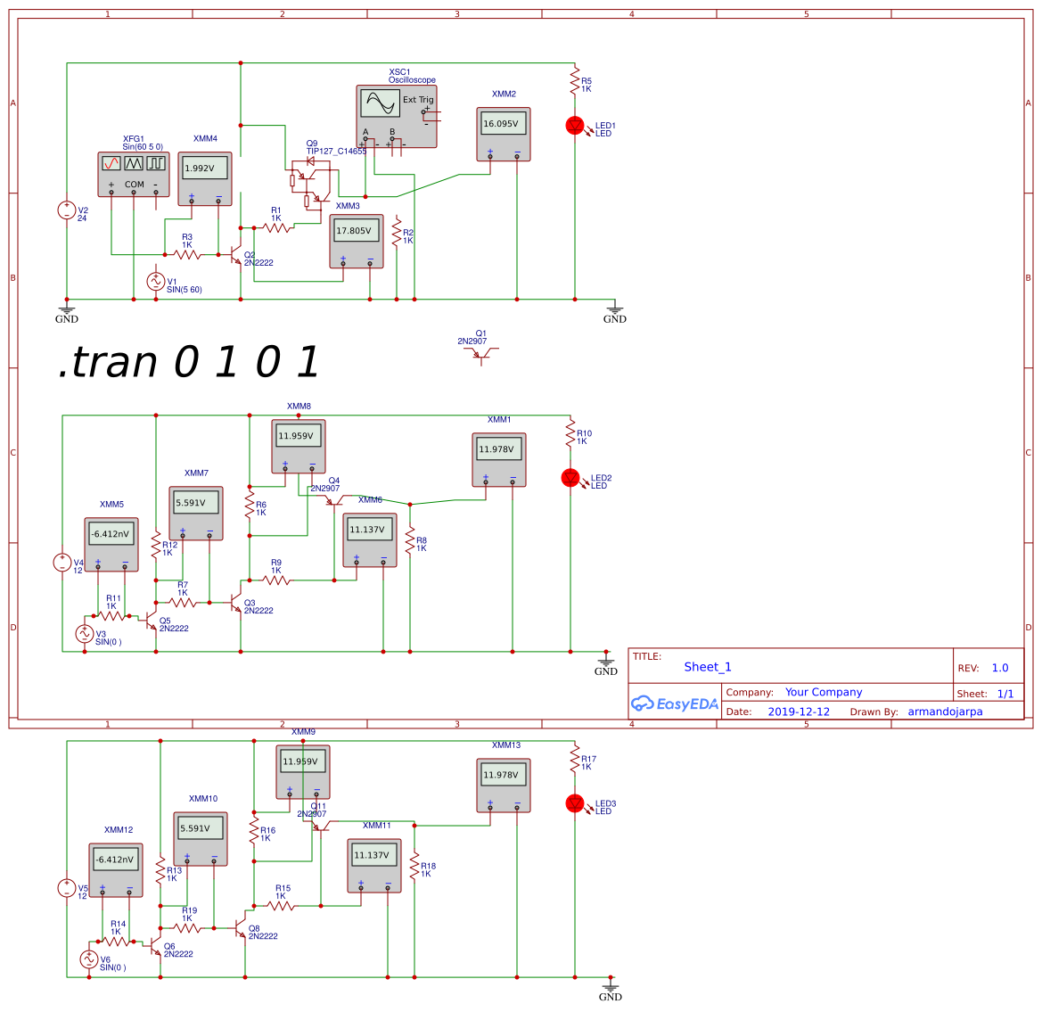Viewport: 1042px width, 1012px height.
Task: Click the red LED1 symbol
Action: pyautogui.click(x=575, y=126)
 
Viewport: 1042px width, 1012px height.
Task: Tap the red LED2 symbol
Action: pyautogui.click(x=570, y=478)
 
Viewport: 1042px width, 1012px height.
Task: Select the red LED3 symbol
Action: pyautogui.click(x=575, y=803)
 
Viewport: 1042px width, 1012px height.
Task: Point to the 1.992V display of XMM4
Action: pyautogui.click(x=204, y=168)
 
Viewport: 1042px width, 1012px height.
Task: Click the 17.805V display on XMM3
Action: pyautogui.click(x=356, y=231)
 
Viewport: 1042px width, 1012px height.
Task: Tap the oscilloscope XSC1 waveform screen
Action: pyautogui.click(x=380, y=103)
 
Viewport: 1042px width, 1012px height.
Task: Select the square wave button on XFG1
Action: pyautogui.click(x=156, y=163)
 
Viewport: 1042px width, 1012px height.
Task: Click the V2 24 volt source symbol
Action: pyautogui.click(x=67, y=210)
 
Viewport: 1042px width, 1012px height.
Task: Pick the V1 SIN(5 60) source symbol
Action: pyautogui.click(x=156, y=282)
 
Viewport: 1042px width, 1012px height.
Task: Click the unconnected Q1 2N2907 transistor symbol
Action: pyautogui.click(x=481, y=354)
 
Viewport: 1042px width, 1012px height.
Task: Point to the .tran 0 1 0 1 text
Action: pyautogui.click(x=188, y=362)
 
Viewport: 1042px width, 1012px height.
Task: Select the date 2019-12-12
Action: pyautogui.click(x=799, y=712)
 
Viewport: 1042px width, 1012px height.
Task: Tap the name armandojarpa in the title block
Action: pyautogui.click(x=945, y=712)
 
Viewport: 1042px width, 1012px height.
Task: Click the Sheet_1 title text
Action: pyautogui.click(x=708, y=667)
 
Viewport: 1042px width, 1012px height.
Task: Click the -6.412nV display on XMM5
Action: pyautogui.click(x=111, y=534)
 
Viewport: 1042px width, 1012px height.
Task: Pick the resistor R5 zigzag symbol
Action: pyautogui.click(x=575, y=79)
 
